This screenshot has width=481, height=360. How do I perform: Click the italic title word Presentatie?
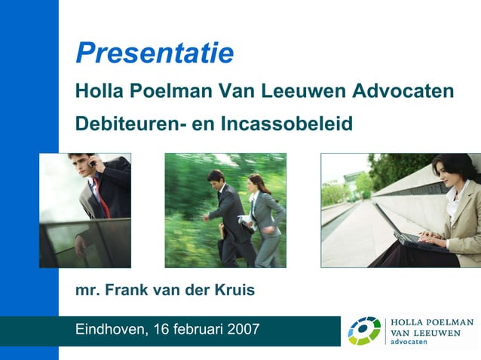click(x=155, y=53)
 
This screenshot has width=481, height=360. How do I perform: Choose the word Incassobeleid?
click(x=286, y=123)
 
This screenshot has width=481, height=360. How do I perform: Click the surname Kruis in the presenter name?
click(x=234, y=290)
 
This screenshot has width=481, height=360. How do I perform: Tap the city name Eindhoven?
click(x=110, y=329)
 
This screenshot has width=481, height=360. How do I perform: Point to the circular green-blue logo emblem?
click(x=364, y=331)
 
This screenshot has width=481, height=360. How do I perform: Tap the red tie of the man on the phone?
click(x=99, y=197)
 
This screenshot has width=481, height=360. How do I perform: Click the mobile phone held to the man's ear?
click(x=90, y=161)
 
